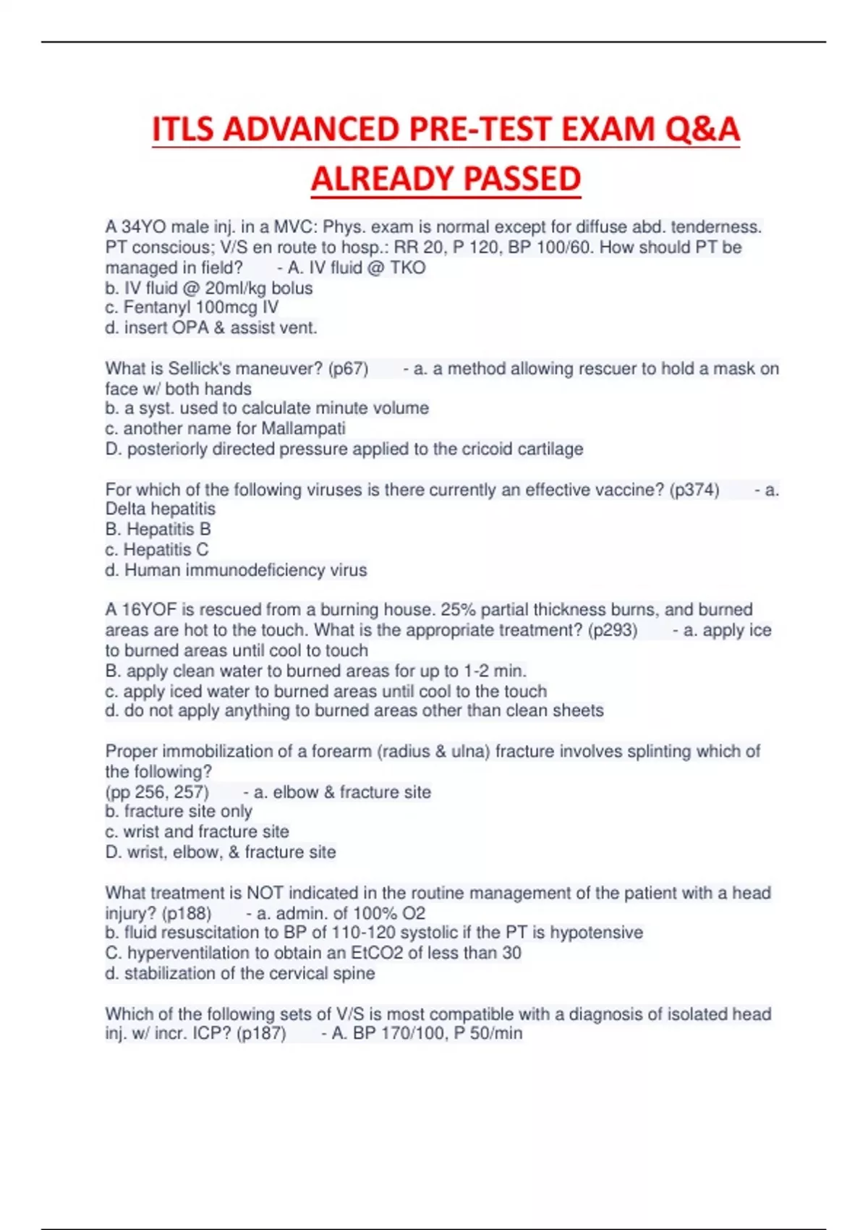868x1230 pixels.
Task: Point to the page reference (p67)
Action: coord(348,369)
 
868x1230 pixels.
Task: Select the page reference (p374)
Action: coord(694,490)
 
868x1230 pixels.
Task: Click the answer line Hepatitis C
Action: coord(157,550)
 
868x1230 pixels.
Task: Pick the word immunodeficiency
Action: coord(254,570)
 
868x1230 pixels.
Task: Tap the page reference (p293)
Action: coord(613,630)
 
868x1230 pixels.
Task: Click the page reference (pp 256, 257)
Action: coord(157,792)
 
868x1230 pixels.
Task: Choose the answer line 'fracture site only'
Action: coord(179,812)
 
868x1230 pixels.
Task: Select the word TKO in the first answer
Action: coord(408,268)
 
